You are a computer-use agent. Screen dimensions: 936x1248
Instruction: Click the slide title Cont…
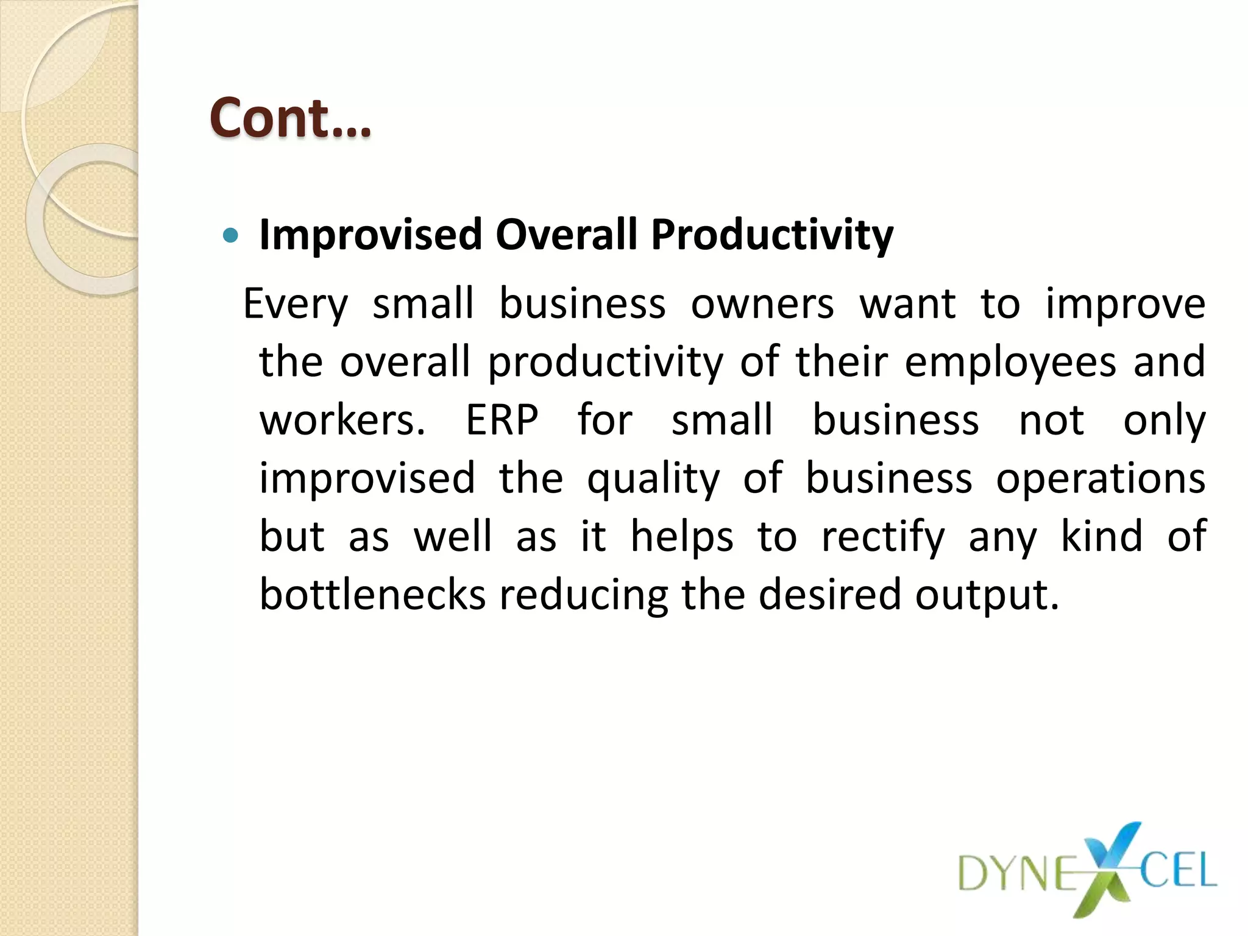click(290, 118)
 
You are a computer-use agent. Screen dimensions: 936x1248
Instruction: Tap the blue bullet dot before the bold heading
click(230, 235)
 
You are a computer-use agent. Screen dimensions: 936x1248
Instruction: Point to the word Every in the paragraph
click(296, 305)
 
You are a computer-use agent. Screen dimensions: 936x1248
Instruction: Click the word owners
click(762, 304)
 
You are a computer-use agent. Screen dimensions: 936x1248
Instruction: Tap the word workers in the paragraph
click(342, 420)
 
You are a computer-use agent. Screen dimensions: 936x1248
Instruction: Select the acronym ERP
click(502, 420)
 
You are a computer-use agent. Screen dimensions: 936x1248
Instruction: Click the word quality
click(653, 480)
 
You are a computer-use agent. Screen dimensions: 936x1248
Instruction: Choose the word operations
click(1101, 480)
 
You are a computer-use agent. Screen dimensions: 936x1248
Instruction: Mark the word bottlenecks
click(372, 595)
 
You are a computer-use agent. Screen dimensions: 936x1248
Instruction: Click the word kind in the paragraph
click(1101, 537)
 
